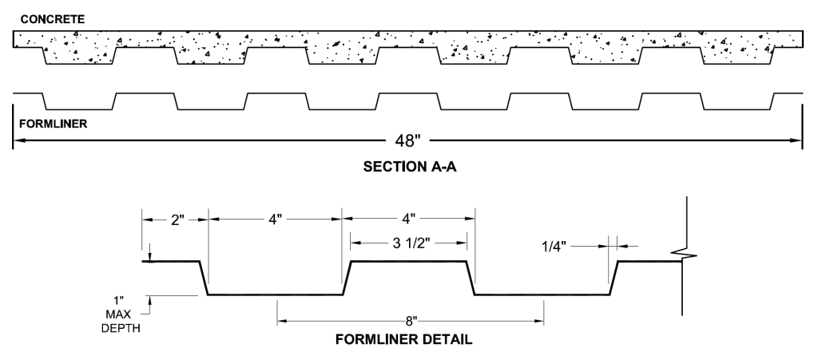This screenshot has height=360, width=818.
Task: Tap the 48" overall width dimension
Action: click(x=407, y=141)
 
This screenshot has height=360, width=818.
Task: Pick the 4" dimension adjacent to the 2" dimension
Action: click(x=274, y=220)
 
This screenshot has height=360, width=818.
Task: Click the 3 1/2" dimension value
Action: click(x=408, y=242)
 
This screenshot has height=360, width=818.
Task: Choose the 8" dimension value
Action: click(x=411, y=322)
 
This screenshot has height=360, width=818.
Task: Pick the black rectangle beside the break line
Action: click(x=763, y=304)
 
